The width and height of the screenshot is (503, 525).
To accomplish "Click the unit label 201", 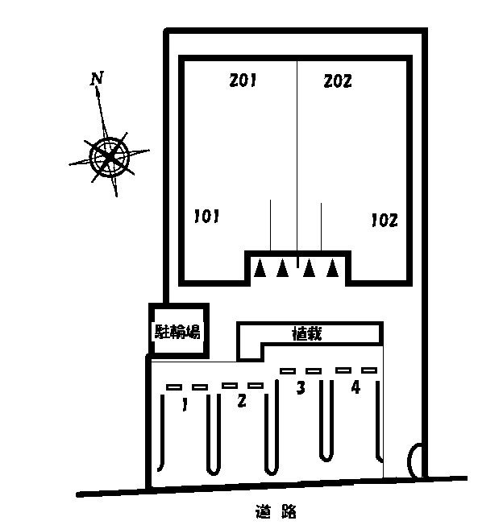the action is click(x=243, y=81).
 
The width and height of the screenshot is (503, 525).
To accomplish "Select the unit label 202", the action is click(x=338, y=81).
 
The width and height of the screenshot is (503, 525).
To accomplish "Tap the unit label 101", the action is click(x=207, y=217).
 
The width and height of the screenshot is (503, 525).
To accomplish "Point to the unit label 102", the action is click(x=385, y=221).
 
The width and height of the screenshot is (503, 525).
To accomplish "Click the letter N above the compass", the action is click(x=97, y=78).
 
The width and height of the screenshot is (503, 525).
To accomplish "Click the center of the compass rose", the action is click(x=110, y=156).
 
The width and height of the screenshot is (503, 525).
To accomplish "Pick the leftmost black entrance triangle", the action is click(x=260, y=268).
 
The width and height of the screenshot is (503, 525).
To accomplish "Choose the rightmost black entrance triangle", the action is click(x=332, y=268).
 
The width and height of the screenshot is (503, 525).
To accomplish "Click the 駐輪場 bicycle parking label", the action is click(x=177, y=331).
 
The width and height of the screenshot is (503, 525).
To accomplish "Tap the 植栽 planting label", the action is click(x=307, y=333).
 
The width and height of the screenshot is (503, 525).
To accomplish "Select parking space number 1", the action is click(x=185, y=404).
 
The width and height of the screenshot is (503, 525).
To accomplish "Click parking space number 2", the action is click(x=242, y=400).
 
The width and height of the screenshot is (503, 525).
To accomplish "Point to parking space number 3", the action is click(x=301, y=388).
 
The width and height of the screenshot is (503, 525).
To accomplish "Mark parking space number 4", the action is click(x=355, y=387).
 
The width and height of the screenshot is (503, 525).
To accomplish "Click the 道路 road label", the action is click(x=276, y=511).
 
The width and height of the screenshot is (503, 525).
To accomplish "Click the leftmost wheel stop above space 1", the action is click(x=174, y=387).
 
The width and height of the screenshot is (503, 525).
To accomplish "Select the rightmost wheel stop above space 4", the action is click(x=369, y=370).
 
